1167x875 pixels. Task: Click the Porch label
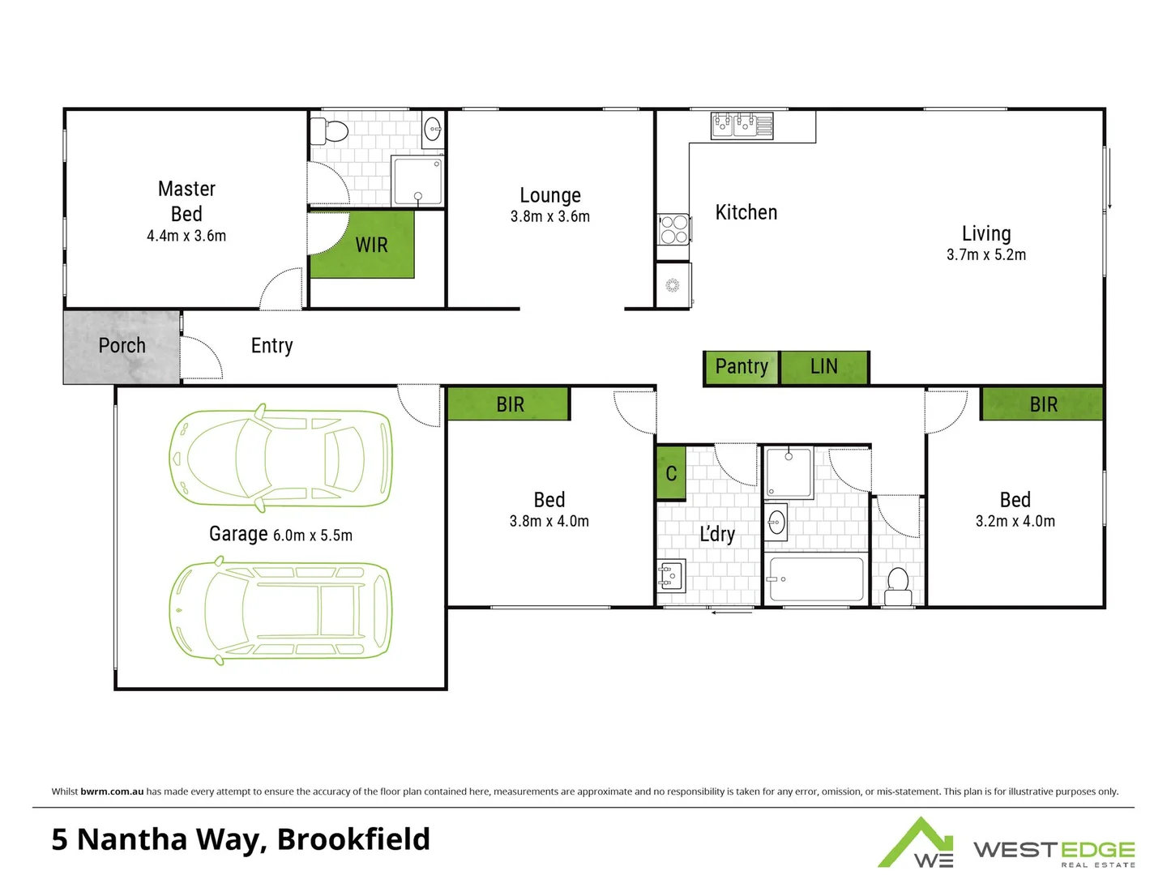click(x=122, y=346)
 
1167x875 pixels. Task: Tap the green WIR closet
click(x=362, y=245)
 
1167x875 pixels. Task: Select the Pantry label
click(x=741, y=367)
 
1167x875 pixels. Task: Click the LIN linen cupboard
click(x=824, y=367)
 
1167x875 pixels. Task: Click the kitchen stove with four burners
click(x=673, y=228)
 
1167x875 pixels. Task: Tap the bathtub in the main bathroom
click(x=815, y=578)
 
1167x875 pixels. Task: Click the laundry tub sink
click(x=671, y=575)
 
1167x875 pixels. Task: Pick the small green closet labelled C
click(x=671, y=473)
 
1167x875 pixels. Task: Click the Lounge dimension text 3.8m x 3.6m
click(x=550, y=217)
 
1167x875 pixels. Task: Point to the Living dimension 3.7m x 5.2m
click(x=986, y=255)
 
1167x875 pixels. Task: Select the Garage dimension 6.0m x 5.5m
click(x=313, y=536)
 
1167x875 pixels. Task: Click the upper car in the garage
click(x=280, y=458)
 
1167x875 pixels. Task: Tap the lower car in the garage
click(x=280, y=610)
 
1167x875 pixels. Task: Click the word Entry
click(x=271, y=346)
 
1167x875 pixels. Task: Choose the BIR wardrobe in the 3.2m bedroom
click(x=1042, y=404)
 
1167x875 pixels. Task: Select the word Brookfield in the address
click(x=353, y=839)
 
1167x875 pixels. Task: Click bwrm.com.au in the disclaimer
click(x=112, y=792)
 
